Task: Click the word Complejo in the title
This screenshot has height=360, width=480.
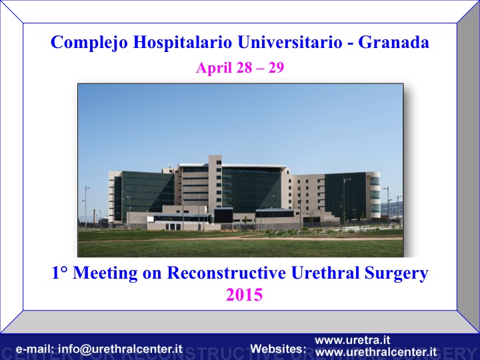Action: (x=89, y=42)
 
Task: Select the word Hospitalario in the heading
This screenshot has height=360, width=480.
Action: (x=183, y=41)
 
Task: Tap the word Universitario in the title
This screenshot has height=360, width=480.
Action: (x=289, y=41)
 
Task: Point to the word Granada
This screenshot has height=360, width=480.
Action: (x=394, y=42)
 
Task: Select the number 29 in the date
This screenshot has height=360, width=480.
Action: (x=276, y=67)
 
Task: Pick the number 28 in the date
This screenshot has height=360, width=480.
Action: (x=244, y=67)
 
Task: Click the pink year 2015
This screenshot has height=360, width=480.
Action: (x=244, y=295)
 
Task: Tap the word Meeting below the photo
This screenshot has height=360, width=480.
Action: (x=105, y=273)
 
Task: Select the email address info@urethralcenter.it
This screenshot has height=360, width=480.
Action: (x=120, y=349)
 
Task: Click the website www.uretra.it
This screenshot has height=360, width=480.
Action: (x=353, y=340)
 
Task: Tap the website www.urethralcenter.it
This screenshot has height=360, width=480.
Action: (x=375, y=352)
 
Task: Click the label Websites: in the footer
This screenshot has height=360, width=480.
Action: (x=278, y=349)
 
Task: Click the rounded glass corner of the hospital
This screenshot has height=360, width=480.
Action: (x=375, y=195)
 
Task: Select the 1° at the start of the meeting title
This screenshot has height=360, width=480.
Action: (x=59, y=273)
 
